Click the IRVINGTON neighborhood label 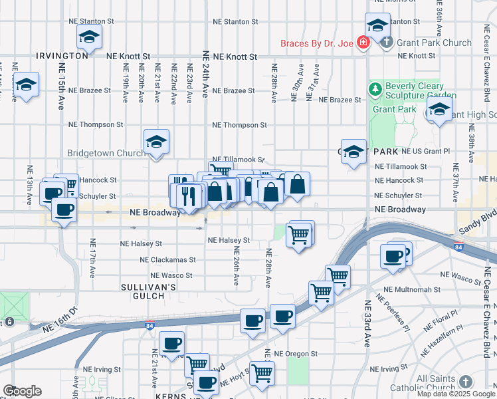pyautogui.click(x=62, y=56)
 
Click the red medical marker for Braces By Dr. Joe pyautogui.click(x=363, y=43)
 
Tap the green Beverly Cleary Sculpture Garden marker pyautogui.click(x=376, y=88)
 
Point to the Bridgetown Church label pyautogui.click(x=106, y=153)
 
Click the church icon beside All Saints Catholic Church pyautogui.click(x=465, y=382)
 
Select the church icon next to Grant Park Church pyautogui.click(x=387, y=43)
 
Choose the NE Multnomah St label pyautogui.click(x=413, y=289)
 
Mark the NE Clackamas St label pyautogui.click(x=165, y=259)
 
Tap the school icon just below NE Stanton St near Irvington pyautogui.click(x=88, y=38)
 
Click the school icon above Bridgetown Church pyautogui.click(x=156, y=141)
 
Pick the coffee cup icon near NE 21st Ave pyautogui.click(x=171, y=343)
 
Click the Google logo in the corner pyautogui.click(x=22, y=391)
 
